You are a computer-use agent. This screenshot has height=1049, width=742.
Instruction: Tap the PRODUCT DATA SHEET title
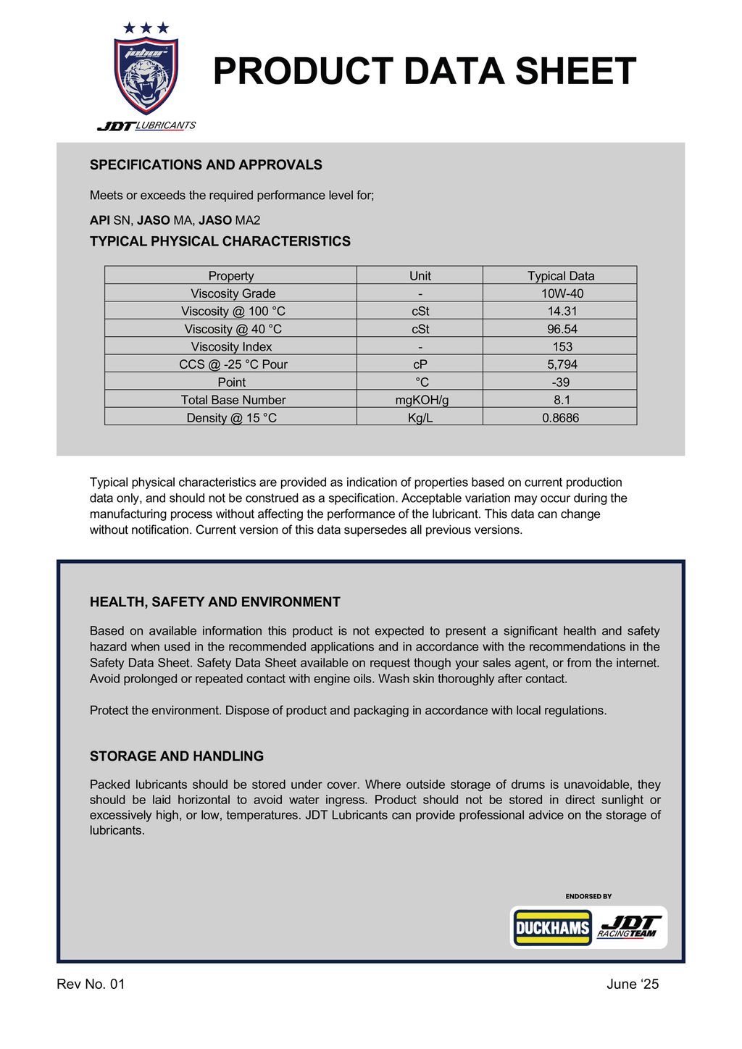(424, 72)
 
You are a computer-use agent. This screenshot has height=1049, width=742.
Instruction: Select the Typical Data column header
(560, 275)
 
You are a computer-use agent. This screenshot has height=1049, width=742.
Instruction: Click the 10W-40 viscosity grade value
(562, 293)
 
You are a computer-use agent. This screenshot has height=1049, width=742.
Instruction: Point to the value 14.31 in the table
(562, 311)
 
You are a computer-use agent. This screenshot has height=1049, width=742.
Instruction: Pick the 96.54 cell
(562, 329)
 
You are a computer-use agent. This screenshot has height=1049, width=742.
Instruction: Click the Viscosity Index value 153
(562, 346)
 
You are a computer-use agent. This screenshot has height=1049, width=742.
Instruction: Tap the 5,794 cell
(562, 364)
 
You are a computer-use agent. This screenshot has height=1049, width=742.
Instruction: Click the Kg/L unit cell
(420, 417)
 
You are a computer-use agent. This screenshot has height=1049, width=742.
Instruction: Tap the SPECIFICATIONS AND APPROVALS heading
(206, 165)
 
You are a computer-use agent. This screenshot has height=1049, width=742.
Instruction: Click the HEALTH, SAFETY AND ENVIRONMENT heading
(214, 602)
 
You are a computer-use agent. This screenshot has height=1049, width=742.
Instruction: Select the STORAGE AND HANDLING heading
(176, 756)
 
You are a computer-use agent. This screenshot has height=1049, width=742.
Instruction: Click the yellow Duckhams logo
(552, 928)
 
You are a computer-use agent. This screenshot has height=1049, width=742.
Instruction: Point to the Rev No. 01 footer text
(91, 984)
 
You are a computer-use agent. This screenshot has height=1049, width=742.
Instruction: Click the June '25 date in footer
(633, 984)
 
